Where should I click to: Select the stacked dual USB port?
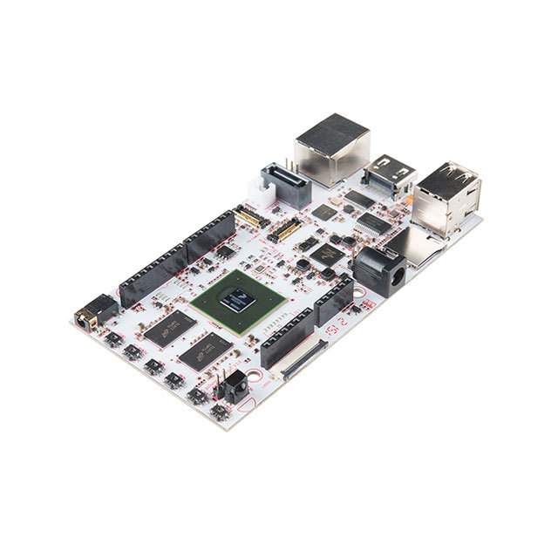click(446, 196)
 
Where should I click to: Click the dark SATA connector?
click(287, 185)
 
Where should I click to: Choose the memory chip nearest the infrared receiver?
click(205, 350)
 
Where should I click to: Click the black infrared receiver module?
click(235, 386)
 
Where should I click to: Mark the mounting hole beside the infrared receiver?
click(255, 378)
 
